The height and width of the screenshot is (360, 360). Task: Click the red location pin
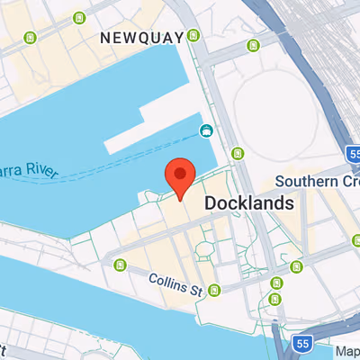pyautogui.click(x=180, y=176)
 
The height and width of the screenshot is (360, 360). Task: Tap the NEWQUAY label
pyautogui.click(x=142, y=38)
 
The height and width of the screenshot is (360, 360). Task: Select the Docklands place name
pyautogui.click(x=249, y=203)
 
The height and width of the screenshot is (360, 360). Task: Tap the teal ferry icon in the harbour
pyautogui.click(x=206, y=131)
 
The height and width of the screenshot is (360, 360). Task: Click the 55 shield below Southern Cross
pyautogui.click(x=303, y=343)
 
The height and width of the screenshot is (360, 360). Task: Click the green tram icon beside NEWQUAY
pyautogui.click(x=193, y=37)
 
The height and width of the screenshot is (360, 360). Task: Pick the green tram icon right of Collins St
pyautogui.click(x=214, y=290)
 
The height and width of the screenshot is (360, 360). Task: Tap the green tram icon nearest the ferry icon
pyautogui.click(x=238, y=153)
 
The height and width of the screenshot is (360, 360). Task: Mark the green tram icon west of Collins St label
pyautogui.click(x=121, y=264)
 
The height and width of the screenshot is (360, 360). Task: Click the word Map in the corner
pyautogui.click(x=346, y=350)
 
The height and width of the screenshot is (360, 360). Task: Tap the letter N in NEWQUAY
pyautogui.click(x=106, y=38)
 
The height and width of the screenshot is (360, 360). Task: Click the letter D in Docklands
pyautogui.click(x=211, y=203)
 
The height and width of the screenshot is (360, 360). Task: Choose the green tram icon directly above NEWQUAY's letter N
pyautogui.click(x=81, y=17)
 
